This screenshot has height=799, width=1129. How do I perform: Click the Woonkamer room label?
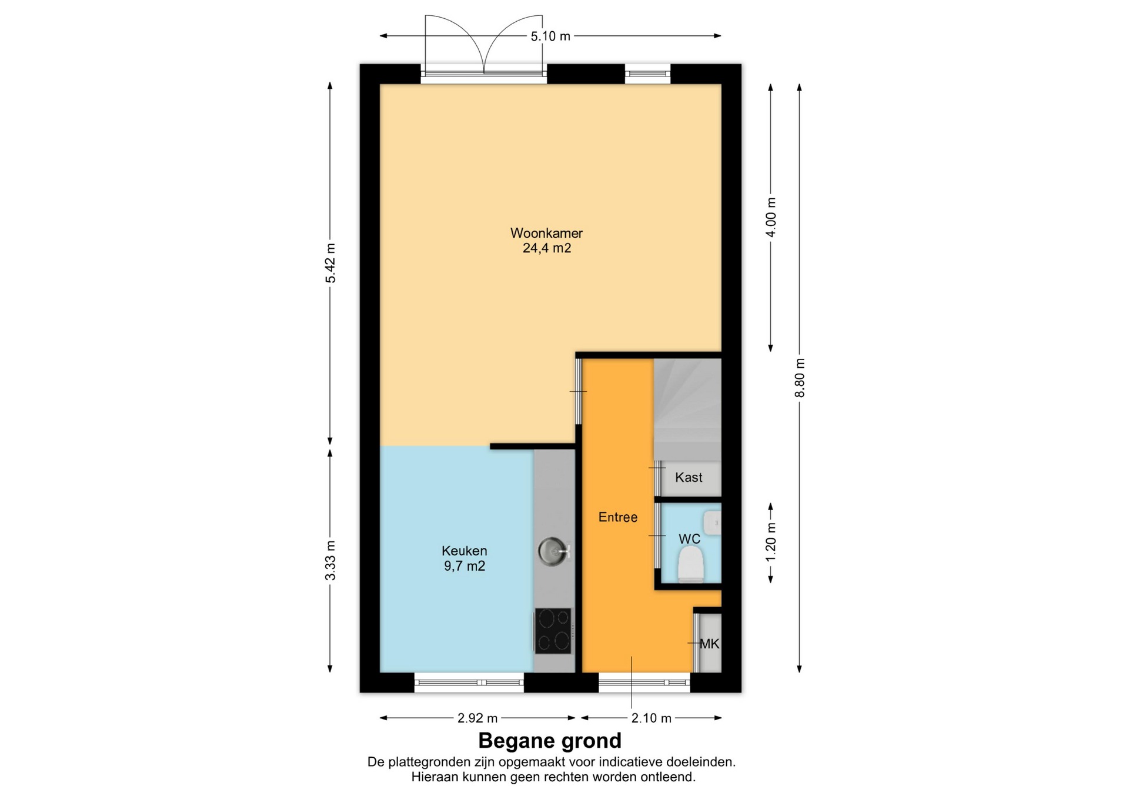click(x=546, y=233)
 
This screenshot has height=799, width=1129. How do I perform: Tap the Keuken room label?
click(x=465, y=551)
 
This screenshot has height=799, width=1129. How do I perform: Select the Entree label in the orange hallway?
click(x=618, y=517)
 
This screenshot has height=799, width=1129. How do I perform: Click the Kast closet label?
click(x=689, y=477)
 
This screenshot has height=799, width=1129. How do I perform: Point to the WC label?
click(x=690, y=539)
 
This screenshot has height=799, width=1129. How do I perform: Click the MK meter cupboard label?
click(x=710, y=644)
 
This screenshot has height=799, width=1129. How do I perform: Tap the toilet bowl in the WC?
click(x=691, y=564)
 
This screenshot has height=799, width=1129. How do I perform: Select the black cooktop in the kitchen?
click(x=553, y=631)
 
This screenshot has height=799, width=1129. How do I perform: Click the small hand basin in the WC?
click(x=713, y=522)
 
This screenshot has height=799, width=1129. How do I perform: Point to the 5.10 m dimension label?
click(x=550, y=36)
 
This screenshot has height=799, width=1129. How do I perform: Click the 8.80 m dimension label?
click(x=800, y=378)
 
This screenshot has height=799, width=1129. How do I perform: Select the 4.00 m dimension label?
click(x=771, y=217)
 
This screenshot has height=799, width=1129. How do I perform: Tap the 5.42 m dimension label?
click(x=330, y=263)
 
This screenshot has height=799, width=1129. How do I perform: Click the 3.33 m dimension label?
click(x=330, y=561)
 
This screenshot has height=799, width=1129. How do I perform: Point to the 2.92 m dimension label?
click(x=477, y=718)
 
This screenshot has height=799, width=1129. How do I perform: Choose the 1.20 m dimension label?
click(x=771, y=542)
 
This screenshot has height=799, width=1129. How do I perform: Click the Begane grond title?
click(x=550, y=741)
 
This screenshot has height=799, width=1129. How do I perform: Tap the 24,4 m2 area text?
click(x=547, y=248)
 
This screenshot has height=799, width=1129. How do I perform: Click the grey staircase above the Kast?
click(x=687, y=410)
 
